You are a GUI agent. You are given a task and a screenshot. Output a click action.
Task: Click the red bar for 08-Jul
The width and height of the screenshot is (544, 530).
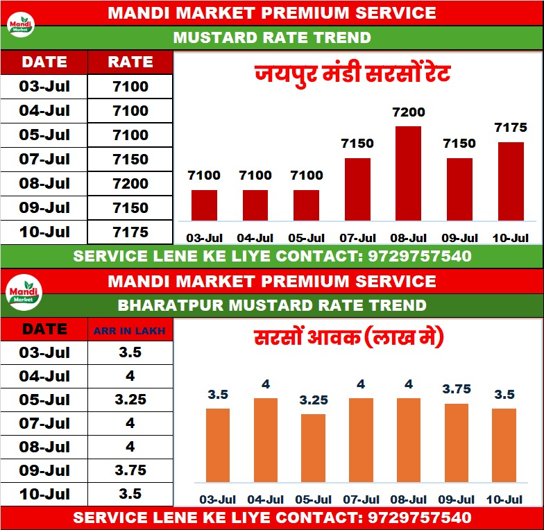(409, 173)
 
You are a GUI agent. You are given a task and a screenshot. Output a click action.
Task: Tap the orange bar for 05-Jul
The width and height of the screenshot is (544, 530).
(314, 447)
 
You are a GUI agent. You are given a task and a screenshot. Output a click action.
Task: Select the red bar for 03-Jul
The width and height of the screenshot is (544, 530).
(204, 205)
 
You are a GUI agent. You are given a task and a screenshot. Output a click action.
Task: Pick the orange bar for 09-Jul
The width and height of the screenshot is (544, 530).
(456, 443)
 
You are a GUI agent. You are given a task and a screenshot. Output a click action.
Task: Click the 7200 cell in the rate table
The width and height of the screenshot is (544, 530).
(130, 184)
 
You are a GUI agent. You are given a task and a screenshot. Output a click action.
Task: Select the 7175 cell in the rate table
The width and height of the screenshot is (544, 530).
(130, 232)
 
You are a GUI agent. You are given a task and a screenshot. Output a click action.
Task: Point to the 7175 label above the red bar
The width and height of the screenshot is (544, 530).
(511, 128)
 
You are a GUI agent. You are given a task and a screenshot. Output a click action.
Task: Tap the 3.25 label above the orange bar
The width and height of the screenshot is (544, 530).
(314, 400)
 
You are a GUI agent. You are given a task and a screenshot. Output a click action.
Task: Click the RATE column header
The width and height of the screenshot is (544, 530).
(130, 62)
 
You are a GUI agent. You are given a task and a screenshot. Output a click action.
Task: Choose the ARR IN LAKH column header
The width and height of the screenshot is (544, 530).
(130, 331)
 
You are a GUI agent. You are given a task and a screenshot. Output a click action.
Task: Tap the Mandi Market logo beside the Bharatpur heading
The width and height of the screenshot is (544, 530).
(24, 294)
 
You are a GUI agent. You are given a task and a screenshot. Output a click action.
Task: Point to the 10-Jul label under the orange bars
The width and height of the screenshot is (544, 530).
(505, 499)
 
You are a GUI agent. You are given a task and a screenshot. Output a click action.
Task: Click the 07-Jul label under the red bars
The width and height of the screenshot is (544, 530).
(357, 238)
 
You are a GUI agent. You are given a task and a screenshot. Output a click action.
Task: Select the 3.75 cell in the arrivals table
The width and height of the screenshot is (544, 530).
(130, 470)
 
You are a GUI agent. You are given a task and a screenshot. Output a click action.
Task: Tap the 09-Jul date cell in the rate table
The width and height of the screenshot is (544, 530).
(45, 207)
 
